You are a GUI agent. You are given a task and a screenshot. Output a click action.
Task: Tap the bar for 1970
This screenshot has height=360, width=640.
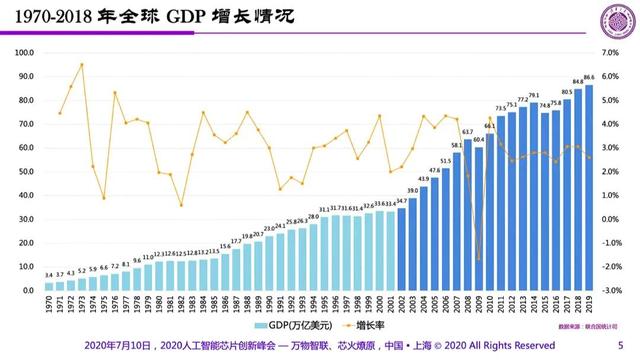pyautogui.click(x=49, y=286)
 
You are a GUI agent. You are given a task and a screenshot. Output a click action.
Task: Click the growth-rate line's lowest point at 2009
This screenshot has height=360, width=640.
pyautogui.click(x=478, y=259)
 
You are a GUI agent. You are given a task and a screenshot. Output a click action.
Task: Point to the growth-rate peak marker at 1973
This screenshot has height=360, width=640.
pyautogui.click(x=82, y=64)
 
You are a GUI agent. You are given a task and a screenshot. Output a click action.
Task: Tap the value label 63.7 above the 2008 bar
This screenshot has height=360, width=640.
pyautogui.click(x=467, y=131)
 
